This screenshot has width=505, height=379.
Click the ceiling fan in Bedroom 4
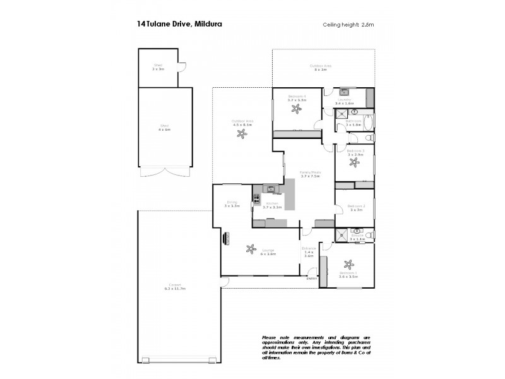click(296, 109)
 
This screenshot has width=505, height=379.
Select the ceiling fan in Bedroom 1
click(347, 265)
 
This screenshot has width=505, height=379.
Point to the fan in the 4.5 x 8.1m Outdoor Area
click(241, 134)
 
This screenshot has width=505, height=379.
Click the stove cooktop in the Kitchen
click(256, 200)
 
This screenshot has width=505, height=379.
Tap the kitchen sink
click(271, 189)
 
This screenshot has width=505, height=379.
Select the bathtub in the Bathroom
click(369, 122)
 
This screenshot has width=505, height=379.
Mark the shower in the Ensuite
click(342, 235)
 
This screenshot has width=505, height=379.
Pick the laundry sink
click(345, 92)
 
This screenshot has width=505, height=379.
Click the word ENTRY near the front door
click(310, 279)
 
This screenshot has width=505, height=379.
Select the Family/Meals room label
click(309, 174)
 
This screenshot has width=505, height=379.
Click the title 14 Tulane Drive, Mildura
click(179, 25)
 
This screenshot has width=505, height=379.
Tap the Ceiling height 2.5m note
click(348, 25)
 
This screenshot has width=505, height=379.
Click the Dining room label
click(232, 203)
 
